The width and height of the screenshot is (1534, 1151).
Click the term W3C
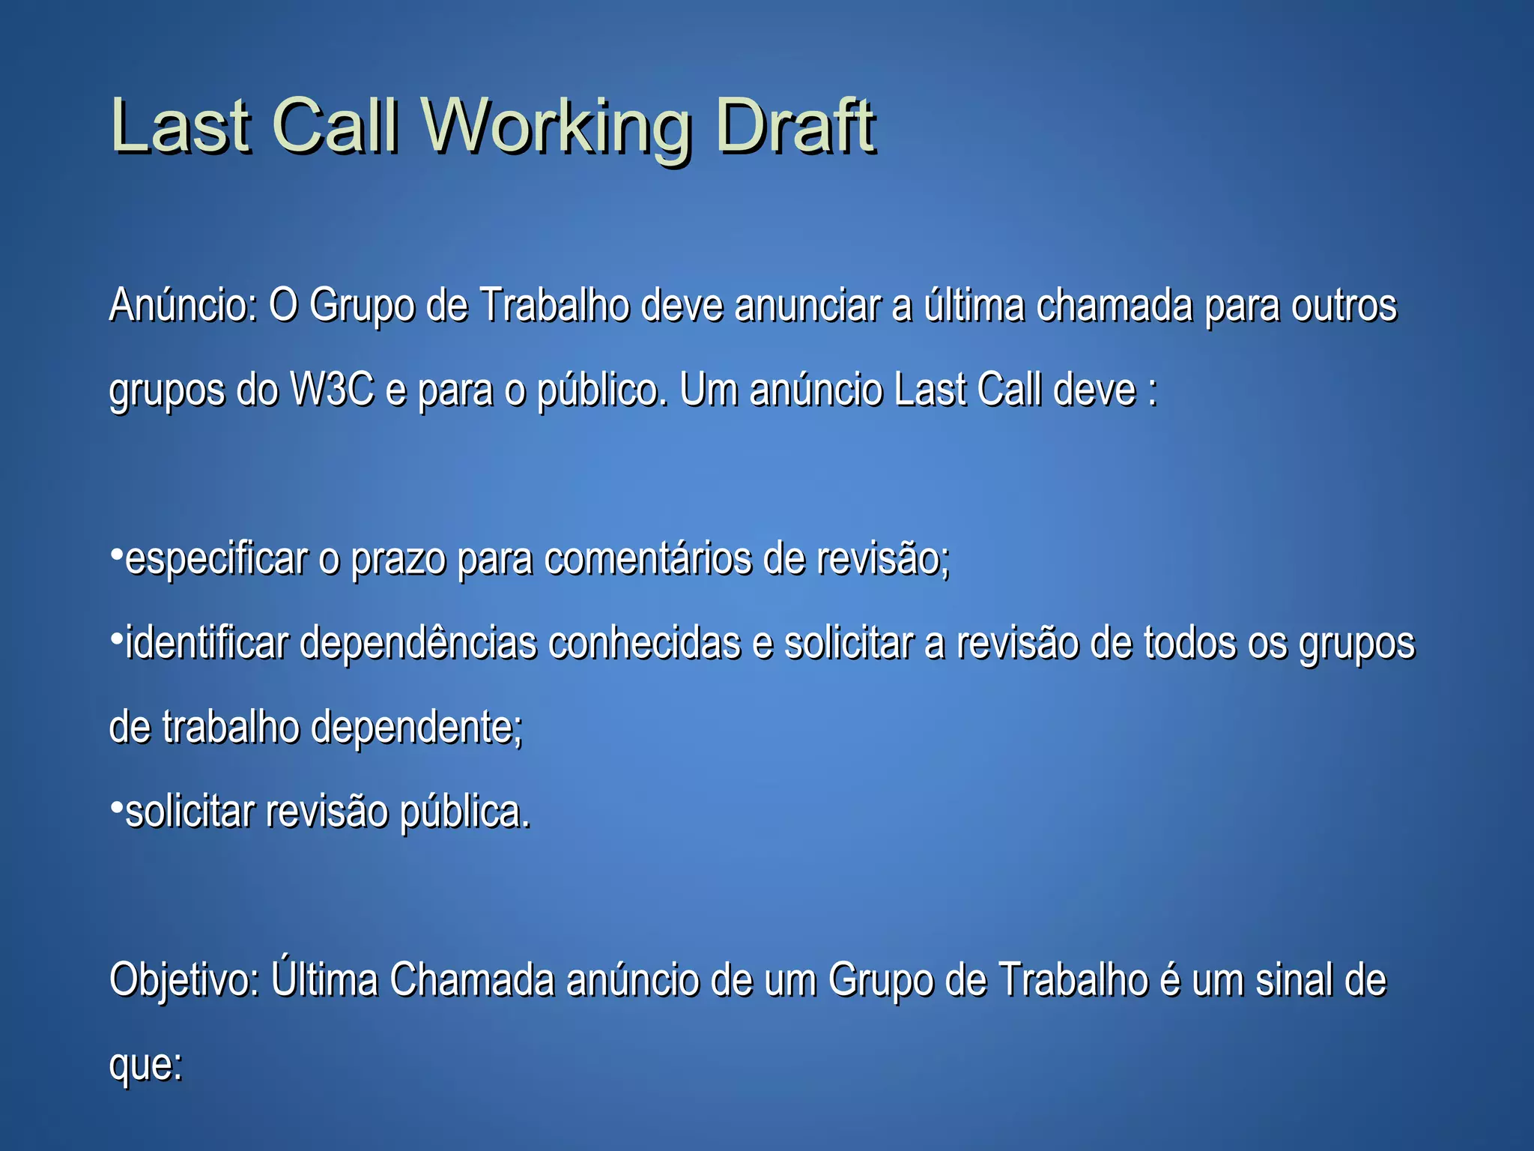[x=331, y=390]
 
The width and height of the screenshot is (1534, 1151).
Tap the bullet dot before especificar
[x=116, y=555]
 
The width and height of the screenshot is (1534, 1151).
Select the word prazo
[x=398, y=560]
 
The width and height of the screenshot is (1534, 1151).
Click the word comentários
[x=648, y=559]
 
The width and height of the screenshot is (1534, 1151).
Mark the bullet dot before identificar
[x=116, y=639]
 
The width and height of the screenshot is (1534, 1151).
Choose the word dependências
[x=418, y=644]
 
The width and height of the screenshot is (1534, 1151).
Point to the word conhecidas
[x=644, y=643]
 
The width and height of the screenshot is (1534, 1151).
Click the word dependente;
[x=416, y=728]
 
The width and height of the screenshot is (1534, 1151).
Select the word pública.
[x=465, y=812]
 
